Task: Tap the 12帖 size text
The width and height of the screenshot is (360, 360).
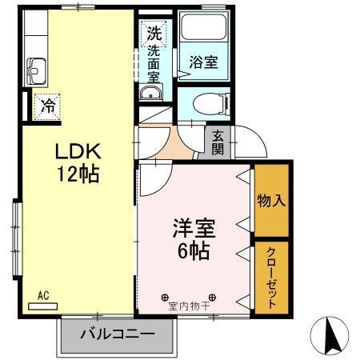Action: pyautogui.click(x=78, y=174)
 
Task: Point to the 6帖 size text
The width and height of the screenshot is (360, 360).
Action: pyautogui.click(x=193, y=250)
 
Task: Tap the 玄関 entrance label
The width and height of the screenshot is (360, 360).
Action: pyautogui.click(x=218, y=143)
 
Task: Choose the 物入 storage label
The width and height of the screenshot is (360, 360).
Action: pyautogui.click(x=272, y=200)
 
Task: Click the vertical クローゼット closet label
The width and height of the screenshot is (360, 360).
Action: pyautogui.click(x=272, y=277)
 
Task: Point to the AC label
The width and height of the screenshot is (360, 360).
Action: pyautogui.click(x=43, y=295)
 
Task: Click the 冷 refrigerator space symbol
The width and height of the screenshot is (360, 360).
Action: pyautogui.click(x=46, y=103)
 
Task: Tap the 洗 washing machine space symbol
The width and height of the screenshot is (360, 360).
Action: pyautogui.click(x=152, y=34)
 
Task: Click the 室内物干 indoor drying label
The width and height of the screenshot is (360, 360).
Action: pyautogui.click(x=189, y=305)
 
